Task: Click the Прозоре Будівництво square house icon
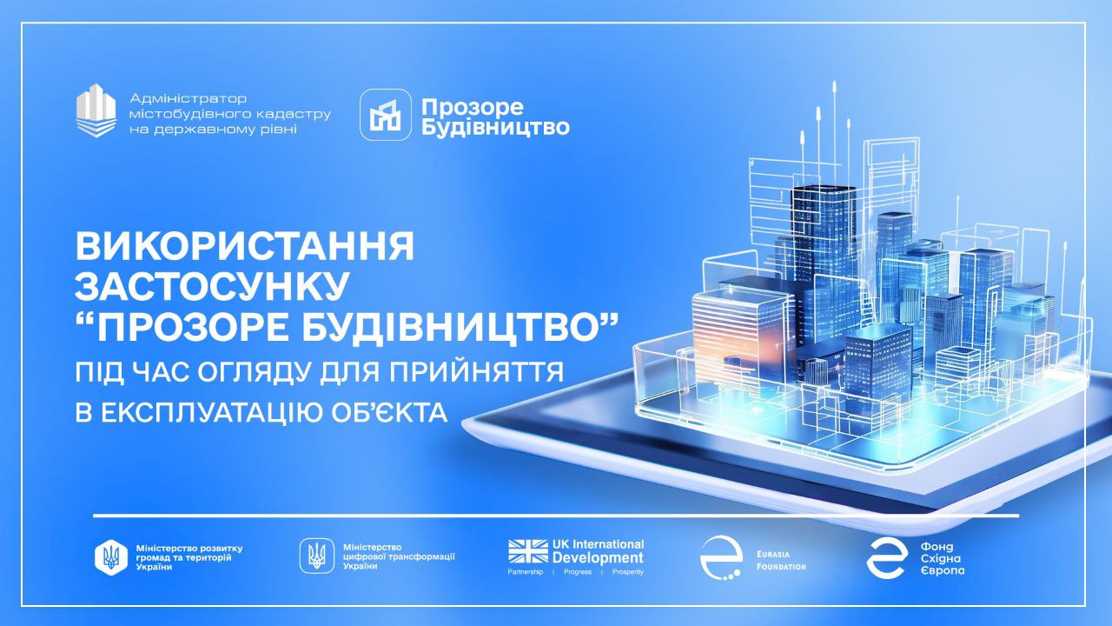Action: pyautogui.click(x=386, y=115)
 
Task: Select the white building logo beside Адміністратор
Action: pyautogui.click(x=96, y=110)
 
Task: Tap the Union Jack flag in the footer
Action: pyautogui.click(x=528, y=551)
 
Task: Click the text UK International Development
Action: pyautogui.click(x=598, y=551)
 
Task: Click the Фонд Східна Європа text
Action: pyautogui.click(x=942, y=558)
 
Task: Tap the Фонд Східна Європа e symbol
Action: pyautogui.click(x=887, y=557)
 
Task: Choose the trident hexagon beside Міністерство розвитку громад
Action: pyautogui.click(x=110, y=557)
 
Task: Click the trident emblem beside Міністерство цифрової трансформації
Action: pyautogui.click(x=316, y=554)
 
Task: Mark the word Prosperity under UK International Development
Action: pyautogui.click(x=628, y=572)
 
